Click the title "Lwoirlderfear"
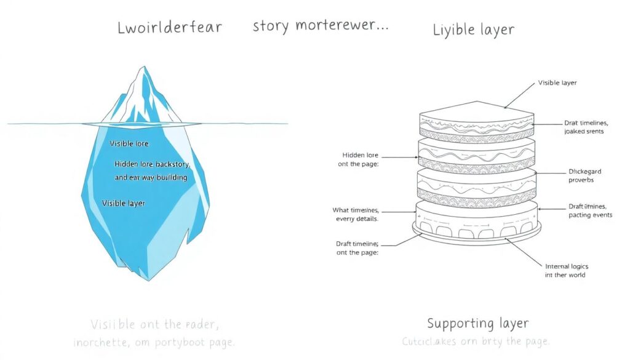point(169,28)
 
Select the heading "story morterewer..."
point(320,27)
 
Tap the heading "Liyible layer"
point(473,29)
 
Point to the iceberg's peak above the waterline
point(141,92)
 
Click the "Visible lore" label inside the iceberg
point(129,143)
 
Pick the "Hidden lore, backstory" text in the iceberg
point(152,164)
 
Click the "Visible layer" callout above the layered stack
point(557,82)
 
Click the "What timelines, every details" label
point(356,214)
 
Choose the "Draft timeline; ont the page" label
point(357,248)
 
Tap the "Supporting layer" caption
point(477,322)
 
